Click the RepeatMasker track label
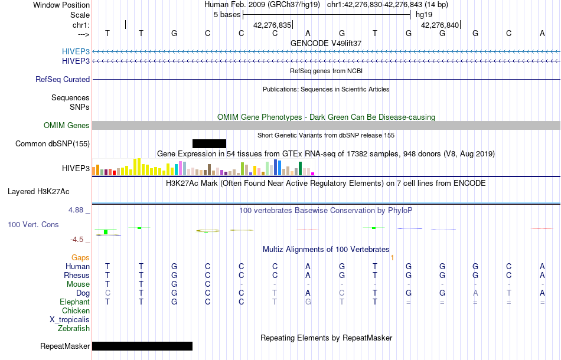[65, 346]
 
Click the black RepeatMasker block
[142, 346]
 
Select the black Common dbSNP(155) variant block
[209, 143]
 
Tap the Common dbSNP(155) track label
[53, 143]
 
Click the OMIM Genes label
[67, 126]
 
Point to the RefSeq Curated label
[63, 79]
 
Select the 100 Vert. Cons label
[33, 225]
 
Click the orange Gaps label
[80, 258]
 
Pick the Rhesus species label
[77, 275]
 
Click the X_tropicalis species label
[70, 319]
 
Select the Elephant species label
[74, 302]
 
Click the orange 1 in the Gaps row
[392, 258]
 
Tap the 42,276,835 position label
[272, 25]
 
